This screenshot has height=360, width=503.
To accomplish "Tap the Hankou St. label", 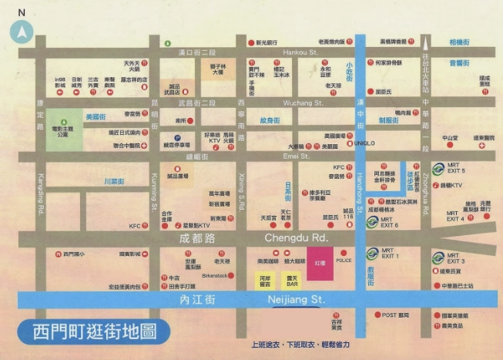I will coord(300,52).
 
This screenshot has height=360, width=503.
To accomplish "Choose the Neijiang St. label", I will coord(297,298).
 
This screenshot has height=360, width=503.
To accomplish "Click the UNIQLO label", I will coord(365,143).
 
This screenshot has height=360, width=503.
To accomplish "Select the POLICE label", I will coord(344,261).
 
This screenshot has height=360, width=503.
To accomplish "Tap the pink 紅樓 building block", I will coord(319,262).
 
